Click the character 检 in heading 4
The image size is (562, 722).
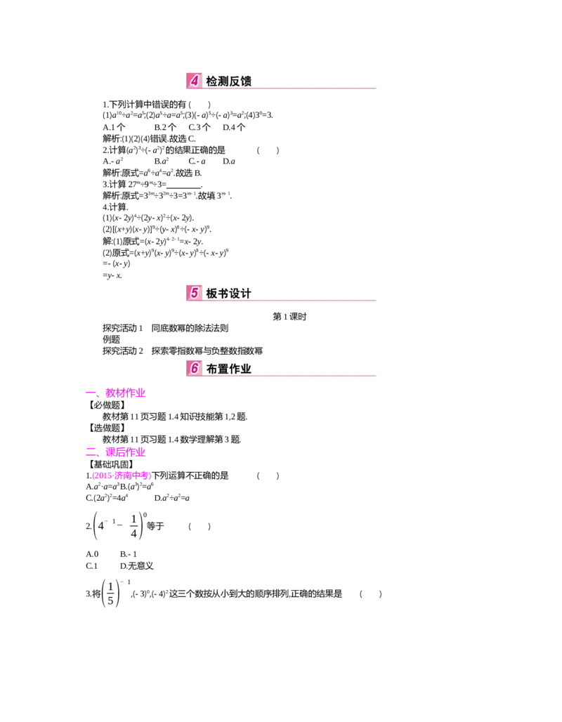tap(212, 81)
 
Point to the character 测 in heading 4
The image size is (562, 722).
tap(223, 81)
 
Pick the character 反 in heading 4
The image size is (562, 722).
tap(235, 81)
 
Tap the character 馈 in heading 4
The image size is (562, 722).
tap(246, 81)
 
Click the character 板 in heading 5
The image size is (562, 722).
tap(212, 294)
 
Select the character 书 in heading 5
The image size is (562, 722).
tap(223, 294)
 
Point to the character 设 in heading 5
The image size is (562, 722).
tap(235, 294)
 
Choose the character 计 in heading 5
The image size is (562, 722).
tap(246, 294)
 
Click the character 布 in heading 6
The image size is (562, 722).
tap(212, 368)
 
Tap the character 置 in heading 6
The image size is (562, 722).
tap(223, 368)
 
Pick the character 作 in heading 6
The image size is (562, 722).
tap(235, 368)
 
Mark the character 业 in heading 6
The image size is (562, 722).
tap(246, 368)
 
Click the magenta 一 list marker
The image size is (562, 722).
tap(90, 394)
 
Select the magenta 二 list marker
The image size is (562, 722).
tap(90, 450)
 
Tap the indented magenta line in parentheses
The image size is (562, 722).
tap(122, 477)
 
